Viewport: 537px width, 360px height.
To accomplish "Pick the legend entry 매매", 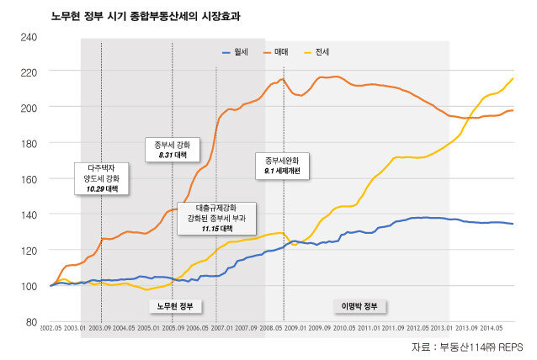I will tap(280, 52).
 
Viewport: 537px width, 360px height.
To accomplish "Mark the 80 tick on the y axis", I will tap(30, 322).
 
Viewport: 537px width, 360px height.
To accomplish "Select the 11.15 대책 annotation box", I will tap(216, 218).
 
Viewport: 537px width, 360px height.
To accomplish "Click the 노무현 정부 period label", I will tap(176, 304).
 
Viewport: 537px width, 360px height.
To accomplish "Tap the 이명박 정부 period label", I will tap(359, 304).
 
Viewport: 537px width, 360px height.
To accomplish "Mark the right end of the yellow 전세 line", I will tap(513, 78).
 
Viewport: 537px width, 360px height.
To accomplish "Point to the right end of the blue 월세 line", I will tap(513, 224).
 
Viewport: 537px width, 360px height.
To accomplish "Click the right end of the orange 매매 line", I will tap(513, 110).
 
